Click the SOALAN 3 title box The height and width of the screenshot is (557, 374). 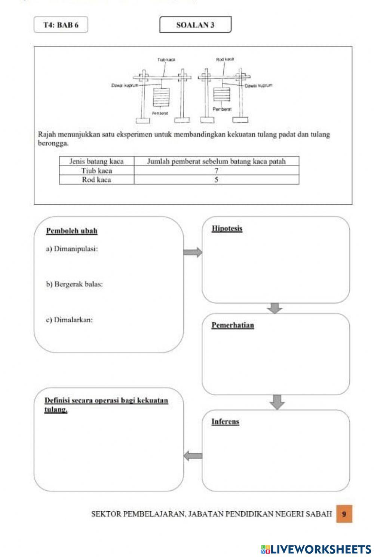[x=195, y=25]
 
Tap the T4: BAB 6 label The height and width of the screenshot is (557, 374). [x=61, y=25]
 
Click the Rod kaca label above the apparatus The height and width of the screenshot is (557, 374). [x=225, y=59]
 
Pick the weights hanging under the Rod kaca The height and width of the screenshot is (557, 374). [x=221, y=94]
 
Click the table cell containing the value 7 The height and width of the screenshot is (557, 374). [x=217, y=171]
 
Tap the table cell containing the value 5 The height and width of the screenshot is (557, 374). [x=217, y=180]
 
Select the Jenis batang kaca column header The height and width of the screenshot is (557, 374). [x=96, y=161]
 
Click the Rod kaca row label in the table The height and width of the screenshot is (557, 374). [x=96, y=180]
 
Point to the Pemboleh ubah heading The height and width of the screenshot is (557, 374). [x=72, y=231]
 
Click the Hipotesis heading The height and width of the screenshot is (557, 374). [x=227, y=228]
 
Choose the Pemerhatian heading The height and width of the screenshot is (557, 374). [x=233, y=325]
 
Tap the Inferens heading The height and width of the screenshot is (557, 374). [x=225, y=421]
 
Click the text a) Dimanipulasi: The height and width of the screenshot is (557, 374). [x=72, y=249]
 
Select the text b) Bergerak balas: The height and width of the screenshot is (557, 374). [x=74, y=284]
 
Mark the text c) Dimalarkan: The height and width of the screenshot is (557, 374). [x=70, y=320]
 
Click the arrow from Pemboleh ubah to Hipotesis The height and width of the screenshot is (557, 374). [x=193, y=253]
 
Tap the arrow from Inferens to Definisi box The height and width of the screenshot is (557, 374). [x=193, y=456]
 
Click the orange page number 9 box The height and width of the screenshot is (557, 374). [x=344, y=514]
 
